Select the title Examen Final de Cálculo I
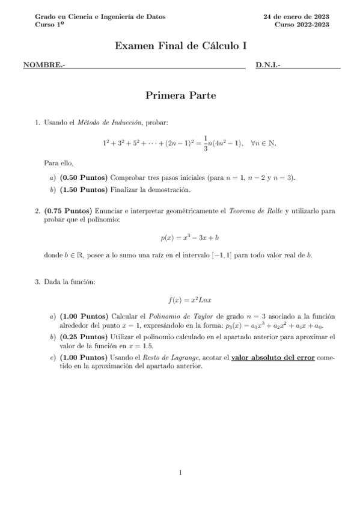coord(181,46)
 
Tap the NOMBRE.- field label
coord(44,64)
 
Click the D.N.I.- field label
coord(268,64)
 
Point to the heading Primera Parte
coord(181,95)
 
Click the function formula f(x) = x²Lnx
coord(181,299)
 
